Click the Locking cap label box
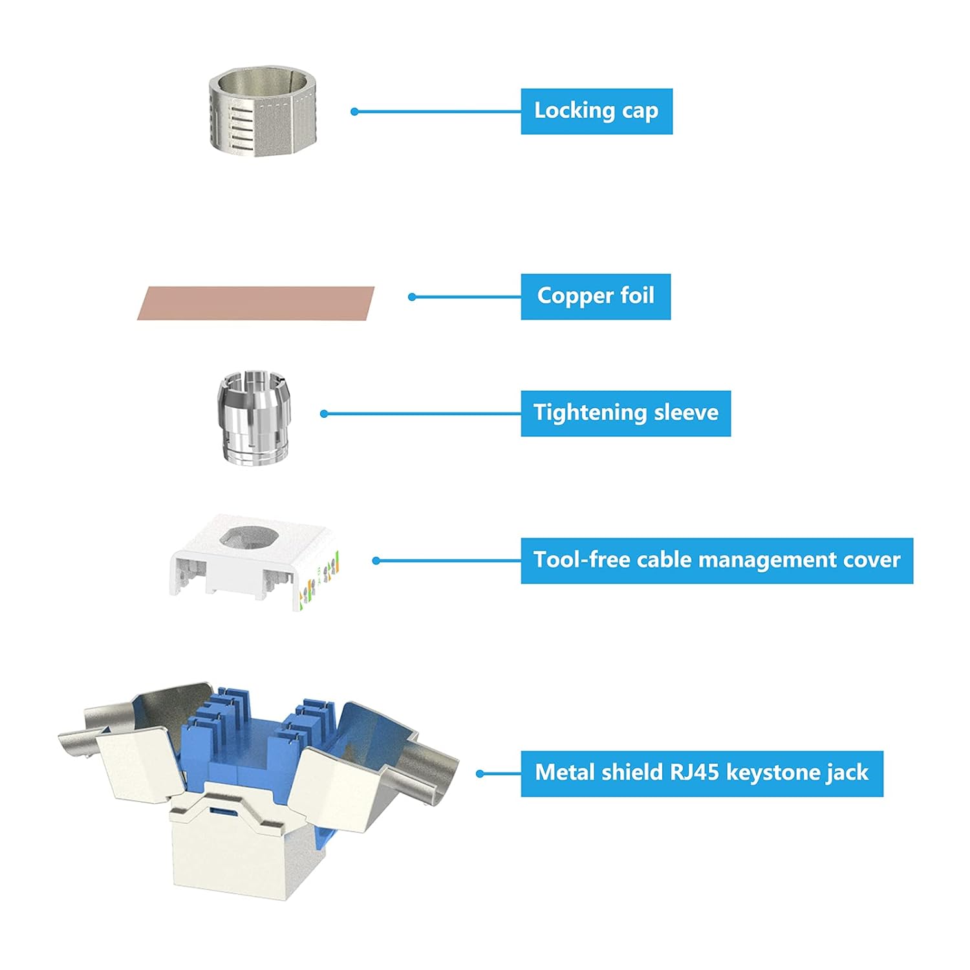[x=596, y=111]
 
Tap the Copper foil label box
[x=596, y=296]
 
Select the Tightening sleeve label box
[x=625, y=413]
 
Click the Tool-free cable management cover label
[x=717, y=560]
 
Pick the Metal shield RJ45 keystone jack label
[x=702, y=773]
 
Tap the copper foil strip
[x=256, y=303]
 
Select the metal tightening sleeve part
[x=254, y=416]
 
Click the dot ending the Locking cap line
[x=354, y=112]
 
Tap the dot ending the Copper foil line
[x=412, y=297]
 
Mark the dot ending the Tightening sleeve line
[x=324, y=414]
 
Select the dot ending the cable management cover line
[x=376, y=561]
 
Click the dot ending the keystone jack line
[x=480, y=773]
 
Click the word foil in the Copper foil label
[x=637, y=296]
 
